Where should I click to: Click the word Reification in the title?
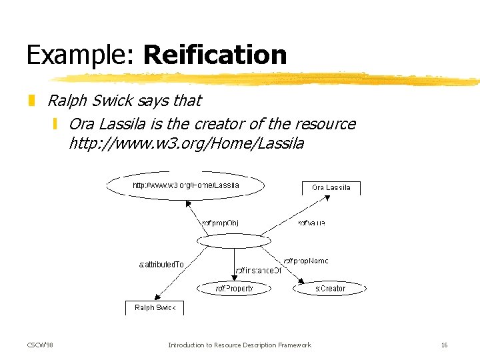[215, 55]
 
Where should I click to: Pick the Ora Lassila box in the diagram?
[331, 188]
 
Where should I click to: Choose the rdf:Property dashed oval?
[234, 289]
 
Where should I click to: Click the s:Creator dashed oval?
[330, 289]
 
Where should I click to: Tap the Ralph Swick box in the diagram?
[155, 308]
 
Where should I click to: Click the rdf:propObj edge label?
[220, 223]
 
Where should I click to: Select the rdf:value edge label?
[311, 223]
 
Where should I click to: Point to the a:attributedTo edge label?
[161, 265]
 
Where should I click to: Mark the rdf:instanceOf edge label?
[259, 271]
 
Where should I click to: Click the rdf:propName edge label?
[306, 261]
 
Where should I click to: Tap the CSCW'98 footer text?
[40, 345]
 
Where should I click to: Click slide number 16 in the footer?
[444, 345]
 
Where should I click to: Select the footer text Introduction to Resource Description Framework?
[239, 345]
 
